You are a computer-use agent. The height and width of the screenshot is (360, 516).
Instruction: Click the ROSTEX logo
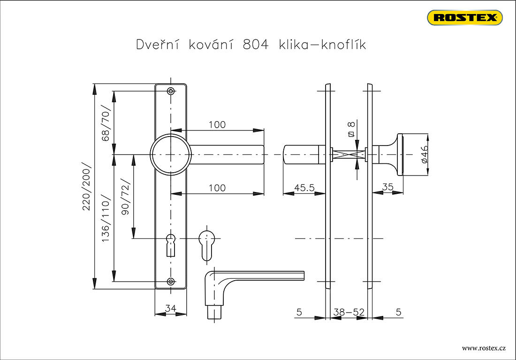click(x=464, y=18)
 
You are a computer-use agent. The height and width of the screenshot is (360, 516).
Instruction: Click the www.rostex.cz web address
click(x=484, y=348)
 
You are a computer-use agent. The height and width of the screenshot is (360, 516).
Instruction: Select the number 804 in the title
click(x=256, y=45)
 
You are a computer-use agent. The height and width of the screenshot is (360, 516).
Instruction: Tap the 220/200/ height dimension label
click(x=87, y=187)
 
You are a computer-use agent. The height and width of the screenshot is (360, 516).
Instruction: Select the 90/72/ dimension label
click(x=125, y=197)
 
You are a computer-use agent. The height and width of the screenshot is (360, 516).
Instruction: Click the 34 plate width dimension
click(x=171, y=308)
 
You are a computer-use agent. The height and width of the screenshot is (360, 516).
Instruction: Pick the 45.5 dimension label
click(x=304, y=187)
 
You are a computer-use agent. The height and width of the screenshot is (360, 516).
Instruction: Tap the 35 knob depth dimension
click(x=387, y=187)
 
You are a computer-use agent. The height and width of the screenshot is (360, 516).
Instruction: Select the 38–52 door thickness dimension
click(x=349, y=312)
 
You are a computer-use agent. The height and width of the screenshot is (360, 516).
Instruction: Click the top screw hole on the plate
click(x=171, y=91)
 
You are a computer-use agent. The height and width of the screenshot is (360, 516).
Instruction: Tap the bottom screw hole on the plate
click(x=171, y=282)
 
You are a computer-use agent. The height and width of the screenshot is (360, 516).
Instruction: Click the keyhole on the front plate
click(x=171, y=243)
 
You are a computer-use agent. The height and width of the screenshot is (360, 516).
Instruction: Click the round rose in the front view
click(x=171, y=154)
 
